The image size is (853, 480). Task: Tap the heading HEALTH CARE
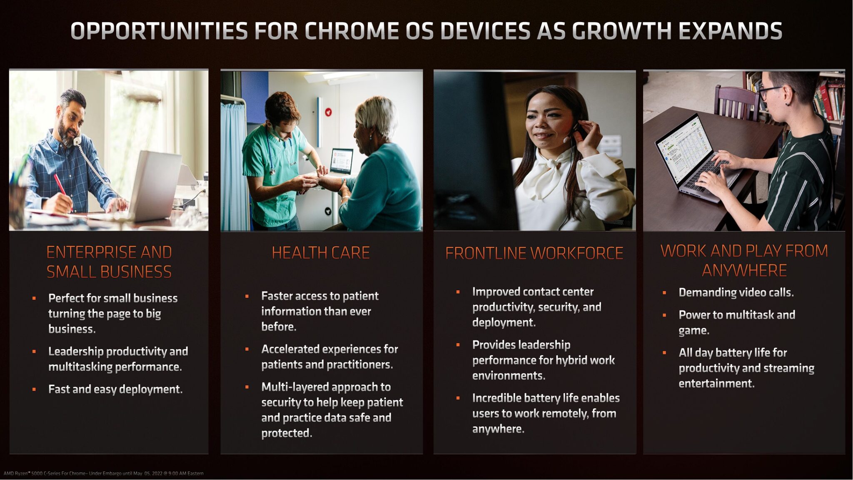321,253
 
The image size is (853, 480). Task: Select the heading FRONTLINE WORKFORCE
534,253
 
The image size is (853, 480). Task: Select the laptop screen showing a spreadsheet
683,146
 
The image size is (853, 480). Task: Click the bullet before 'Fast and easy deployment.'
34,390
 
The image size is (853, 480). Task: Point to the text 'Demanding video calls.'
736,292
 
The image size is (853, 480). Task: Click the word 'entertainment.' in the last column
716,383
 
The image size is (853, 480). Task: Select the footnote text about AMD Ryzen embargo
104,473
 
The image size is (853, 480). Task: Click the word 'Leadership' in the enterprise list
76,352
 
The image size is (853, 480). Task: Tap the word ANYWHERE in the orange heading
744,271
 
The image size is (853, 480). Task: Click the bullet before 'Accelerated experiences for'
247,349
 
